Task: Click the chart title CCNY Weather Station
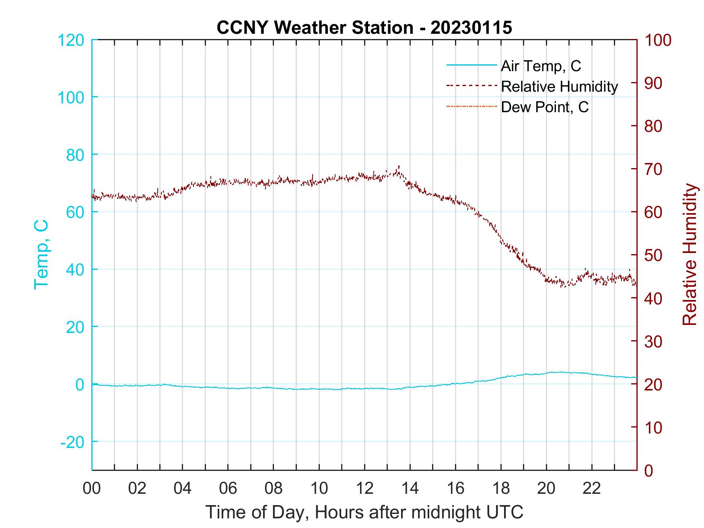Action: click(364, 28)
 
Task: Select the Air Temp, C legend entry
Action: click(541, 66)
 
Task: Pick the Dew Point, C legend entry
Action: click(545, 107)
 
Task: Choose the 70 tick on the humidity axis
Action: click(654, 169)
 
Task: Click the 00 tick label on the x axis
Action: click(92, 489)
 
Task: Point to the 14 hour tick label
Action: click(410, 489)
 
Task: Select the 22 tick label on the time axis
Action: click(592, 489)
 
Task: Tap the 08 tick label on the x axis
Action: click(274, 489)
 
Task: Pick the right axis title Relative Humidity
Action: click(690, 255)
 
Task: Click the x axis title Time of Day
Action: click(364, 513)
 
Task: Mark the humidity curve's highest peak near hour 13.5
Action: click(399, 166)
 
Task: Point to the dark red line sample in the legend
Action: click(471, 86)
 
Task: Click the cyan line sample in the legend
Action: click(471, 65)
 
